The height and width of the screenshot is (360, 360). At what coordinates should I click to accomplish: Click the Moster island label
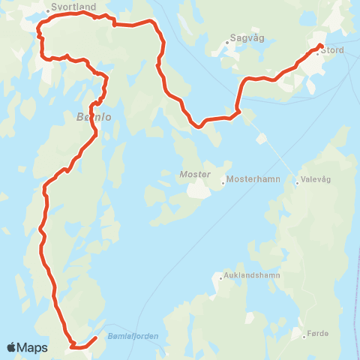coord(190,174)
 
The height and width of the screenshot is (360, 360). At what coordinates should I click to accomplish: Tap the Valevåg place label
coord(316,179)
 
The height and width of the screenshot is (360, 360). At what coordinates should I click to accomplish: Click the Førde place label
coord(318,332)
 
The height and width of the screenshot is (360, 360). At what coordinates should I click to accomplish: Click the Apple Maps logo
coord(27,347)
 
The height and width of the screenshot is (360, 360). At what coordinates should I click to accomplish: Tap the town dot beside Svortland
coord(49,10)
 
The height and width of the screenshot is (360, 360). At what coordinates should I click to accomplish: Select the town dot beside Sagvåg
coord(226,43)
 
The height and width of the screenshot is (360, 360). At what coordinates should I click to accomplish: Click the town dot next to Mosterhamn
coord(223,181)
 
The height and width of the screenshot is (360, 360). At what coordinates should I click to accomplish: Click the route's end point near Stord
coord(319,46)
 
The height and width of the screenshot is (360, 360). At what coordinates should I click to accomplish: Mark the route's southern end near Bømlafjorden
coord(96,339)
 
